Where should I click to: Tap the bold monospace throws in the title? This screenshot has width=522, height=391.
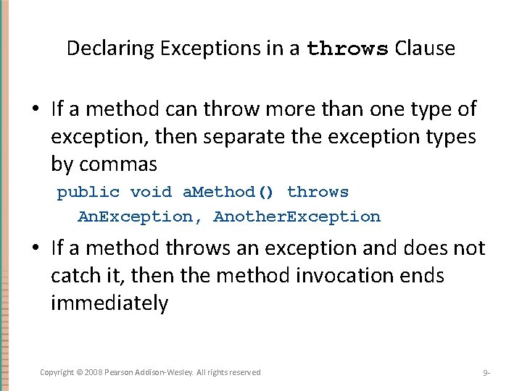point(348,49)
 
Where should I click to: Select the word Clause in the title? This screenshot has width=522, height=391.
point(425,49)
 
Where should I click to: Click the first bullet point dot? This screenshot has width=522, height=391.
point(36,110)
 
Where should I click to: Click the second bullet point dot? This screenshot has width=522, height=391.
point(36,249)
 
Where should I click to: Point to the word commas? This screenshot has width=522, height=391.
point(117,164)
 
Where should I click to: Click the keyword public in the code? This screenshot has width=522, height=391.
point(88,192)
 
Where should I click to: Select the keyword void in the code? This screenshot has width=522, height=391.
point(151,192)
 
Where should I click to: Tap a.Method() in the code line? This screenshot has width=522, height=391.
point(228,192)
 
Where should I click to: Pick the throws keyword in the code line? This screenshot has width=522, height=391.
point(318,192)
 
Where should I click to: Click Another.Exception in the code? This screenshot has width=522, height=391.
point(297,216)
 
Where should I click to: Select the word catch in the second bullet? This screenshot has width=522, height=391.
point(75,276)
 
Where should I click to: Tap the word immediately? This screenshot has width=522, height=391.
point(109,303)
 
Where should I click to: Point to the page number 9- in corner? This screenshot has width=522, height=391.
point(486,373)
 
